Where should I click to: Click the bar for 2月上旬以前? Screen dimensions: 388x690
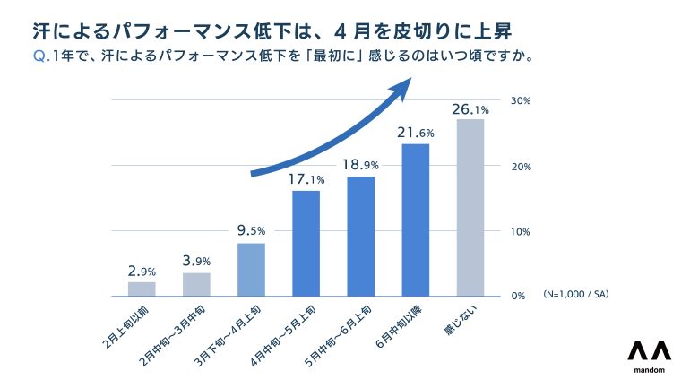pyautogui.click(x=142, y=289)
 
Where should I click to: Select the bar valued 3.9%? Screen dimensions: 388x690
pyautogui.click(x=196, y=284)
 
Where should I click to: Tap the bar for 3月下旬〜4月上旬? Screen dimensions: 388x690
pyautogui.click(x=251, y=269)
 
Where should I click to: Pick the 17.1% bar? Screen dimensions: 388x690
pyautogui.click(x=306, y=243)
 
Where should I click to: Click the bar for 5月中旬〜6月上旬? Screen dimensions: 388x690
pyautogui.click(x=360, y=236)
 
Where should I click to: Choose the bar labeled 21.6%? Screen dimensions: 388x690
pyautogui.click(x=415, y=220)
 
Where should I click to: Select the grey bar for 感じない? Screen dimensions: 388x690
pyautogui.click(x=470, y=207)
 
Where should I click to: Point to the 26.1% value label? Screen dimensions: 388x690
pyautogui.click(x=470, y=109)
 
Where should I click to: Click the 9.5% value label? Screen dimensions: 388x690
pyautogui.click(x=251, y=230)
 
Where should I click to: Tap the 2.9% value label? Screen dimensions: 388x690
pyautogui.click(x=142, y=270)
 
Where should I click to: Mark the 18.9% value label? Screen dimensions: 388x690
pyautogui.click(x=360, y=164)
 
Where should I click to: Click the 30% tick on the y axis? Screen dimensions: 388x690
pyautogui.click(x=521, y=100)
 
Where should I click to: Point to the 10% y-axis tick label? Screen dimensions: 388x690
pyautogui.click(x=521, y=231)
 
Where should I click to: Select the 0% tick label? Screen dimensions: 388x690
pyautogui.click(x=518, y=296)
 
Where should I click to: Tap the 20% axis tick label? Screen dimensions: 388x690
pyautogui.click(x=521, y=167)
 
